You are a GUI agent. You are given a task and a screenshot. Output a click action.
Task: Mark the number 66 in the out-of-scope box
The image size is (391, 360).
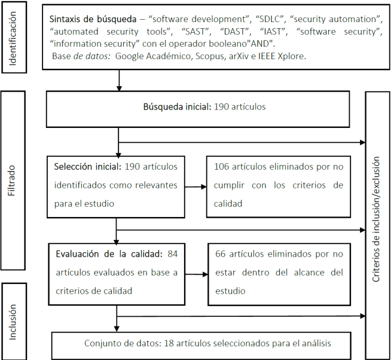click(221, 253)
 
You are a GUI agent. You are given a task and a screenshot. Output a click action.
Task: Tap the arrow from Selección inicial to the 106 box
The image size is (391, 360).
click(196, 185)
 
